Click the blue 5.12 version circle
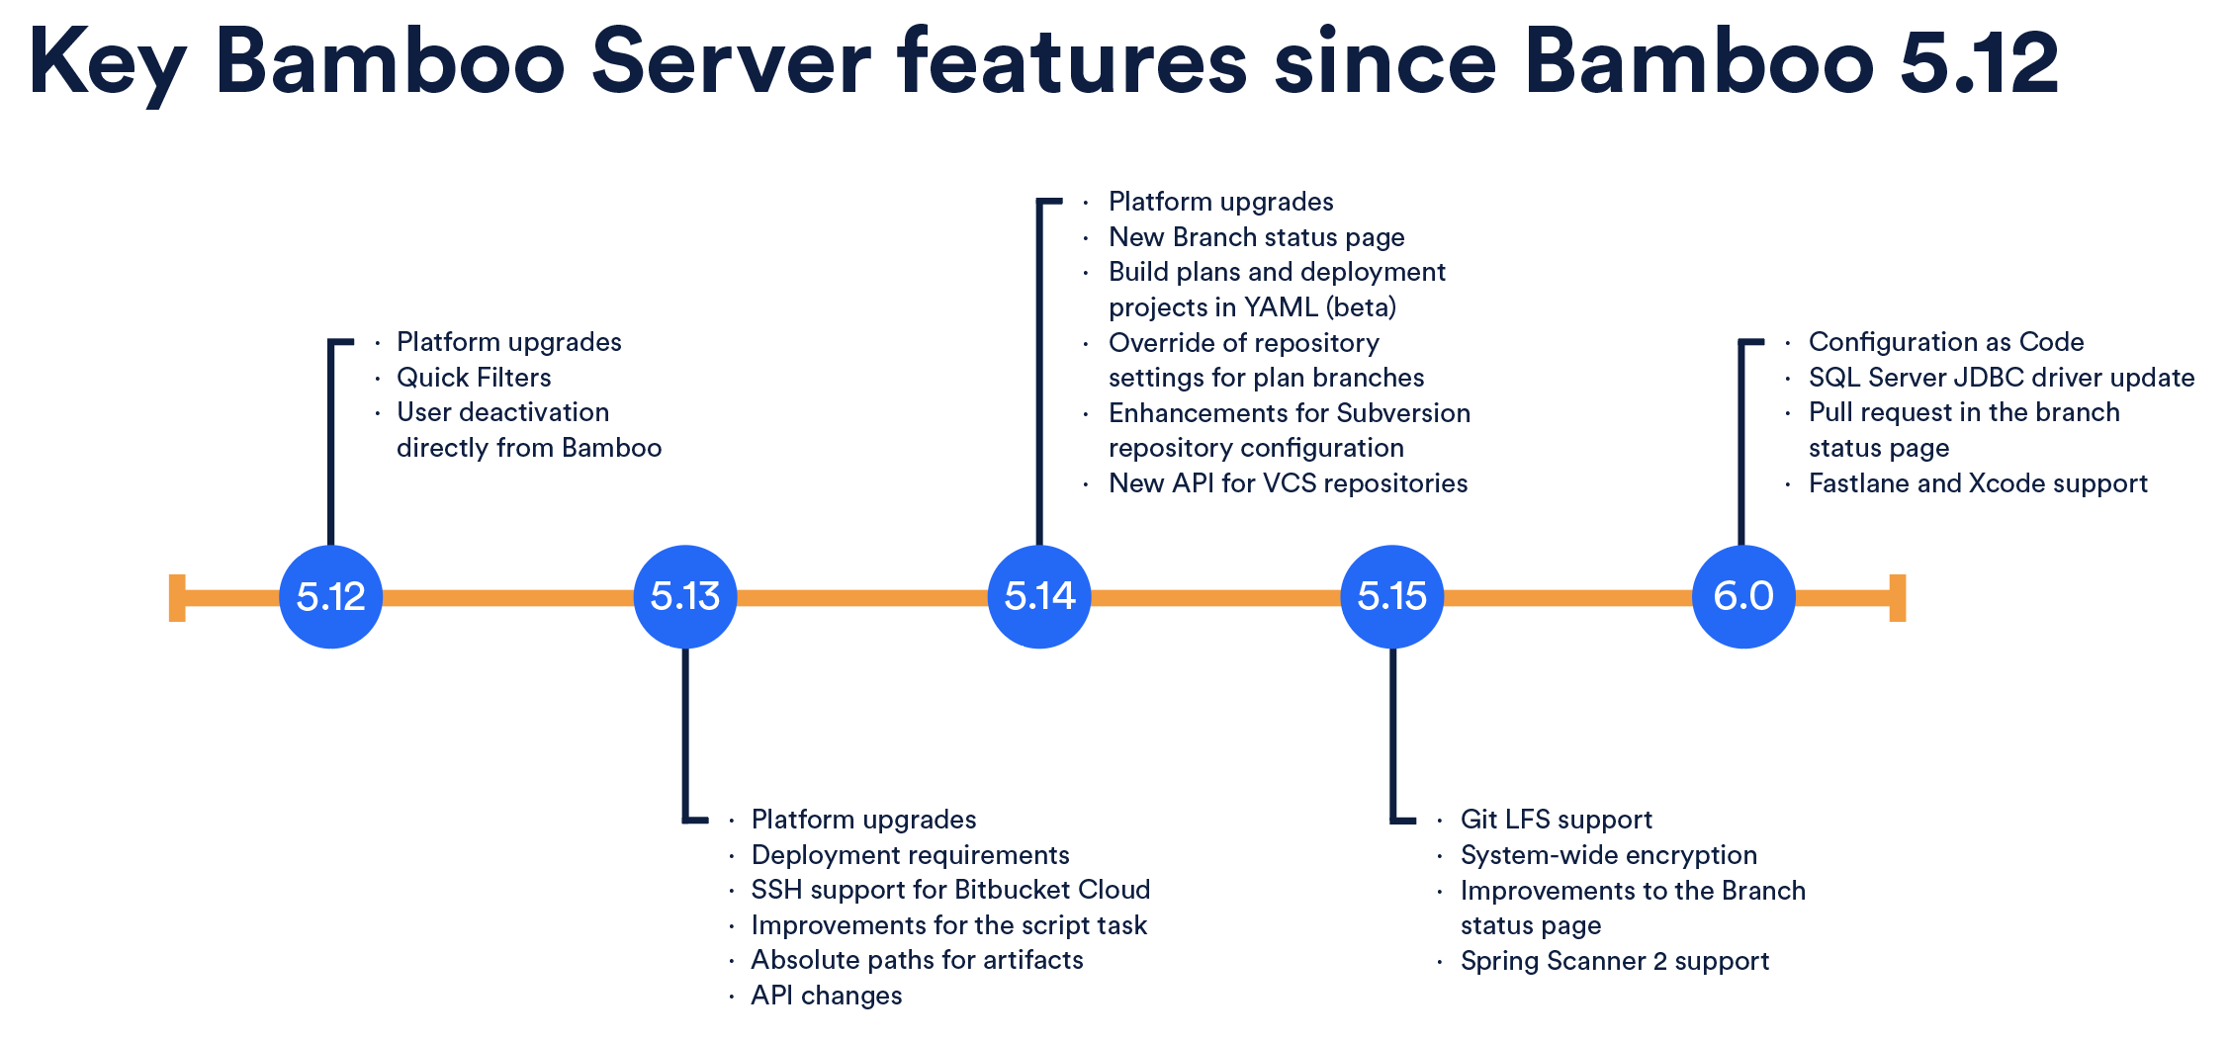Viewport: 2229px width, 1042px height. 330,597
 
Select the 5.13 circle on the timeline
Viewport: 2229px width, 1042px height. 684,597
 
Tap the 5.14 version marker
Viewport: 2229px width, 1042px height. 1038,597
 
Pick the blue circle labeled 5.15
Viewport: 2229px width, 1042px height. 1391,597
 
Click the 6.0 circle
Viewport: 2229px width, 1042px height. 1743,597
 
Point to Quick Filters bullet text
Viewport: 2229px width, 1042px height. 474,378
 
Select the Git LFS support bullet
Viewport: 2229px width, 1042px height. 1556,820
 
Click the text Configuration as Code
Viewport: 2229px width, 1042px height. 1945,342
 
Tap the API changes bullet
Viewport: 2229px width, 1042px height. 826,996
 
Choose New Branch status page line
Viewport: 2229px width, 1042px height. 1256,237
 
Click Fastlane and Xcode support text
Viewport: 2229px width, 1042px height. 1978,483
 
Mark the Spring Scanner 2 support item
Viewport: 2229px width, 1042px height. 1614,961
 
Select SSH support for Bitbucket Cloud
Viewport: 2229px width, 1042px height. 949,890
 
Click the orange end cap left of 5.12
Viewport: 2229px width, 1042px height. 177,598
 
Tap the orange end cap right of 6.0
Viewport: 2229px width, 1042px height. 1897,598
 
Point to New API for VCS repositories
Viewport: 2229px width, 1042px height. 1288,483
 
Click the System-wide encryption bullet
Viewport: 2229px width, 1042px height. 1608,855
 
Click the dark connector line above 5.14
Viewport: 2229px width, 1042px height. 1039,376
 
